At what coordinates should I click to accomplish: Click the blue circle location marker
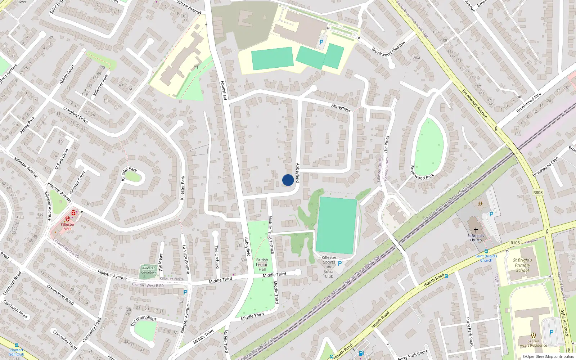[288, 180]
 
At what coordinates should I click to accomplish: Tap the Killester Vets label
[68, 226]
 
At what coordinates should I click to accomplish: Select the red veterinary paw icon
[67, 219]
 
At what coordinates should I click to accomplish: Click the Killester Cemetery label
[149, 270]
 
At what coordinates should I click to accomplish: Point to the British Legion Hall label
[262, 265]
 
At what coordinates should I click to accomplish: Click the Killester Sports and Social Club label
[329, 267]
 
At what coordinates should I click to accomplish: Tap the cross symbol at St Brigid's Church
[476, 229]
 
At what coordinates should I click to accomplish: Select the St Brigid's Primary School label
[522, 265]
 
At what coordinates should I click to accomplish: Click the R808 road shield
[538, 193]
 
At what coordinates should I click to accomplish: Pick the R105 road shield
[515, 243]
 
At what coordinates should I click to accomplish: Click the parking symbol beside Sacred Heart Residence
[551, 332]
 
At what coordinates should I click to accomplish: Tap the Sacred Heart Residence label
[533, 343]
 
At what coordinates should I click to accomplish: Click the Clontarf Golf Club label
[17, 352]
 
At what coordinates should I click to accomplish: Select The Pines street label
[386, 144]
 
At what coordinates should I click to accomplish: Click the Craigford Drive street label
[76, 114]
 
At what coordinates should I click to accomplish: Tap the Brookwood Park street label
[422, 172]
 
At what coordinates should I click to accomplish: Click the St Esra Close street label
[62, 159]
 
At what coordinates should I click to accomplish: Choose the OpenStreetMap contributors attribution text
[548, 356]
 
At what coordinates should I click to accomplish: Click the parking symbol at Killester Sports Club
[339, 264]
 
